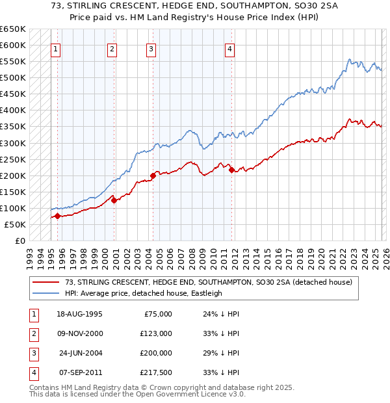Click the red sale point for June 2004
(x=153, y=175)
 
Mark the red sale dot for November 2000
(x=114, y=200)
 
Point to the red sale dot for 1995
(x=57, y=216)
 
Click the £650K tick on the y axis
(x=13, y=29)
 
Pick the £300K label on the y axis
(x=13, y=143)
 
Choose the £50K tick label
(x=16, y=224)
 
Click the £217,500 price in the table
(x=155, y=372)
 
